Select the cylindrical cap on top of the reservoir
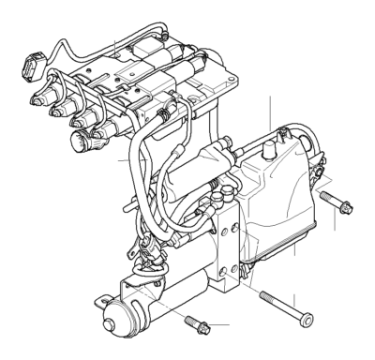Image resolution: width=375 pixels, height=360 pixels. (276, 149)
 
